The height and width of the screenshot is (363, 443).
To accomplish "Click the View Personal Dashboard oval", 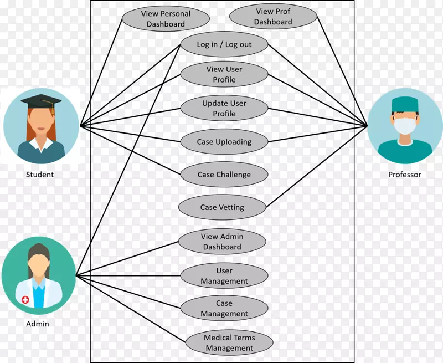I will click(166, 19).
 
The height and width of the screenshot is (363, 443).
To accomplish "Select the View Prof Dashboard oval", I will click(273, 17).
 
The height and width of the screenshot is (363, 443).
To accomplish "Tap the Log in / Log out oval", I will click(224, 44).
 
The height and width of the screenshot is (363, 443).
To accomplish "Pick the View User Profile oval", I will click(224, 74).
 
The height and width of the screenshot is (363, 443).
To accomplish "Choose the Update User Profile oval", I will click(224, 108).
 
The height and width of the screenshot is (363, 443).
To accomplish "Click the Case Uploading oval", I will click(224, 141).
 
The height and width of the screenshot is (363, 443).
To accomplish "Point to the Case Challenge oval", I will click(224, 175).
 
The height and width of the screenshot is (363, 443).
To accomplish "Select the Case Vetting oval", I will click(221, 208).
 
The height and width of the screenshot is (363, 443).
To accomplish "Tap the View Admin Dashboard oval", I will click(222, 242).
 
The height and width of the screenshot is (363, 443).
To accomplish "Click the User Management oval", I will click(224, 276).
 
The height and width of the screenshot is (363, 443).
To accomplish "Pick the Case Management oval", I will click(224, 309).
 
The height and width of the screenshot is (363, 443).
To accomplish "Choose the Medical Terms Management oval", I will click(229, 343).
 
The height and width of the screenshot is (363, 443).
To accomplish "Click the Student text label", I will click(40, 175).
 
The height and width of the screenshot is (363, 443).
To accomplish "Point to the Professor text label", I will click(404, 175).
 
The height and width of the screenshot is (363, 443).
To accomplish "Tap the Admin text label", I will click(38, 324).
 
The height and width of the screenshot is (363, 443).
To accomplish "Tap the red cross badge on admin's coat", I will click(25, 300).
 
